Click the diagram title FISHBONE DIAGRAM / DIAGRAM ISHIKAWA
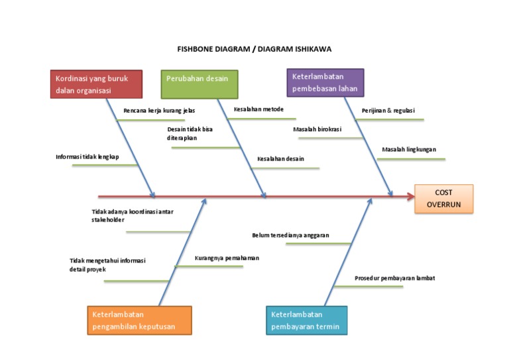[x=254, y=49]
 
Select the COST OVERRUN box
[x=443, y=199]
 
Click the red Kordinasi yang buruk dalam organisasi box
[x=96, y=84]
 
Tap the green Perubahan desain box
[x=199, y=84]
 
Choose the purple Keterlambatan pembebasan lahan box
[x=325, y=83]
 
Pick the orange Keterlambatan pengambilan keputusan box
[x=139, y=320]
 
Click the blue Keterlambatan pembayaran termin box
[x=306, y=320]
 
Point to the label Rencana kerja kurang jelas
[x=159, y=111]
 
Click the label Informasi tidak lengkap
[x=87, y=157]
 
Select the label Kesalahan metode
[x=258, y=109]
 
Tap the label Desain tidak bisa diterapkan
[x=190, y=134]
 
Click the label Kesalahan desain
[x=280, y=159]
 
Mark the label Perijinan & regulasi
[x=388, y=111]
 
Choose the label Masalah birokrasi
[x=317, y=129]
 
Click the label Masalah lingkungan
[x=409, y=150]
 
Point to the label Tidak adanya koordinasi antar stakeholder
[x=132, y=215]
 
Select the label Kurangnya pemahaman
[x=227, y=258]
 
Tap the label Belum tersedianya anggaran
[x=290, y=235]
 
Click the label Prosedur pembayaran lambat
[x=394, y=278]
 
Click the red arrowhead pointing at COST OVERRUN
[x=409, y=196]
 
